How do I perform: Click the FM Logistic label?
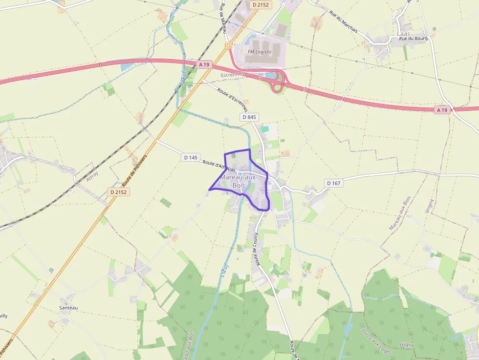(x=260, y=52)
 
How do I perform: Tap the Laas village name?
(x=404, y=34)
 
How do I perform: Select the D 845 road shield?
(x=249, y=117)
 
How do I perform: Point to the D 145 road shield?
(x=191, y=157)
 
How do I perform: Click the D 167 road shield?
(x=333, y=183)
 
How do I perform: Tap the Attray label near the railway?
(x=92, y=176)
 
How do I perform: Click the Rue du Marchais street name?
(x=343, y=22)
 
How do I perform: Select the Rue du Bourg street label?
(x=413, y=38)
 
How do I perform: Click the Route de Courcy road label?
(x=255, y=249)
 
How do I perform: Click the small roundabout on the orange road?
(x=228, y=46)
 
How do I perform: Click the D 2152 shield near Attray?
(x=119, y=192)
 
